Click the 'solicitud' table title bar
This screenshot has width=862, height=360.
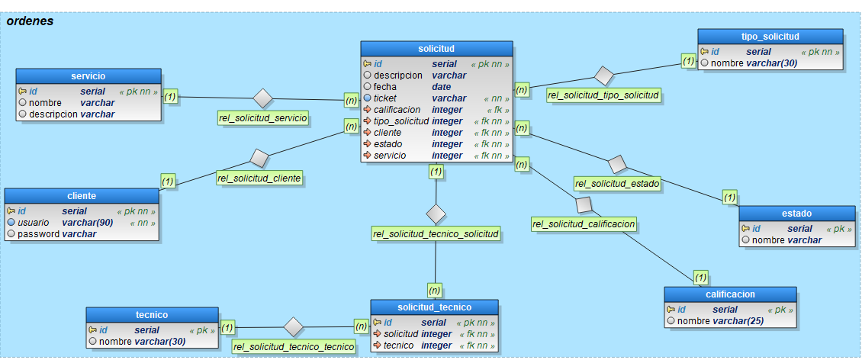436,49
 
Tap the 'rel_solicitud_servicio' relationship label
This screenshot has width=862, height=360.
263,118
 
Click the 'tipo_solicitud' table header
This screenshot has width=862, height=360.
770,37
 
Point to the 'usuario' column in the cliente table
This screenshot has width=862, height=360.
34,223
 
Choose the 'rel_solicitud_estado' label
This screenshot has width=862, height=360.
618,183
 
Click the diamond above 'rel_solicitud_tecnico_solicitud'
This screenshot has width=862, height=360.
436,213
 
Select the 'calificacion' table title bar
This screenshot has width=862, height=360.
731,294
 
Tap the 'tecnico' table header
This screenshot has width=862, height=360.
152,315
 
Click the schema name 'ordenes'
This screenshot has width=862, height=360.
30,21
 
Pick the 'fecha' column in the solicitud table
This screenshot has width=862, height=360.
387,87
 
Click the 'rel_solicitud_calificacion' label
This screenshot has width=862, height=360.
584,223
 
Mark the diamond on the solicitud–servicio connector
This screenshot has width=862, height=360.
263,98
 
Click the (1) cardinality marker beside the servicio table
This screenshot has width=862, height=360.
170,97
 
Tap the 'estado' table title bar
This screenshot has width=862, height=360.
796,214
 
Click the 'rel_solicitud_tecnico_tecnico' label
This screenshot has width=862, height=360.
294,346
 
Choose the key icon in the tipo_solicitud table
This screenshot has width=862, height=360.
705,52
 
